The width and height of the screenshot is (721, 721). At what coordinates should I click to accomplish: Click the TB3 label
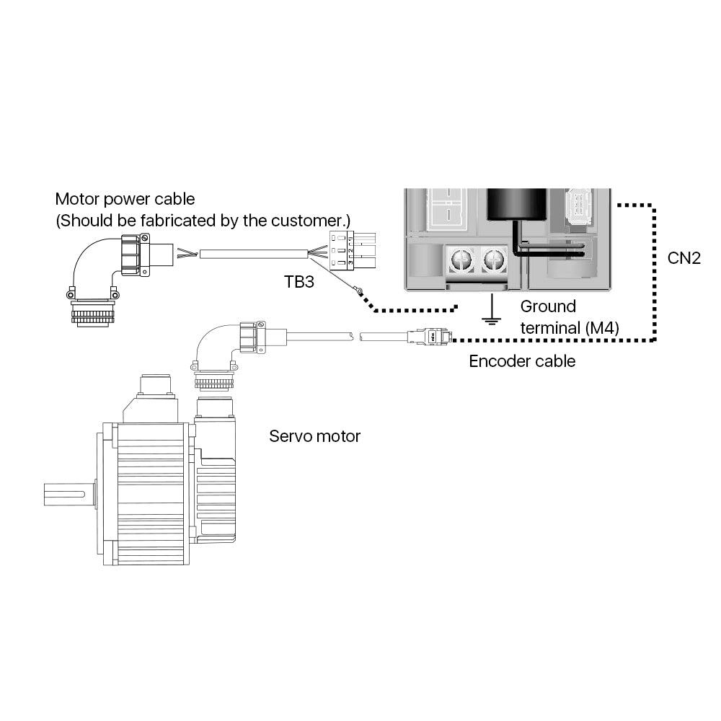tap(298, 282)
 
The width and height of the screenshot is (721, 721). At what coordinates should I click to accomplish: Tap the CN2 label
tap(684, 257)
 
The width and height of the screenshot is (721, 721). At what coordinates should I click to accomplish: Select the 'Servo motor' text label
tap(314, 436)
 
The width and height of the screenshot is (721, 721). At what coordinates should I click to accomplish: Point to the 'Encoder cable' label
tap(522, 361)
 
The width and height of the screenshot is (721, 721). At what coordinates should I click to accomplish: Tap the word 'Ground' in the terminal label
tap(548, 307)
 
